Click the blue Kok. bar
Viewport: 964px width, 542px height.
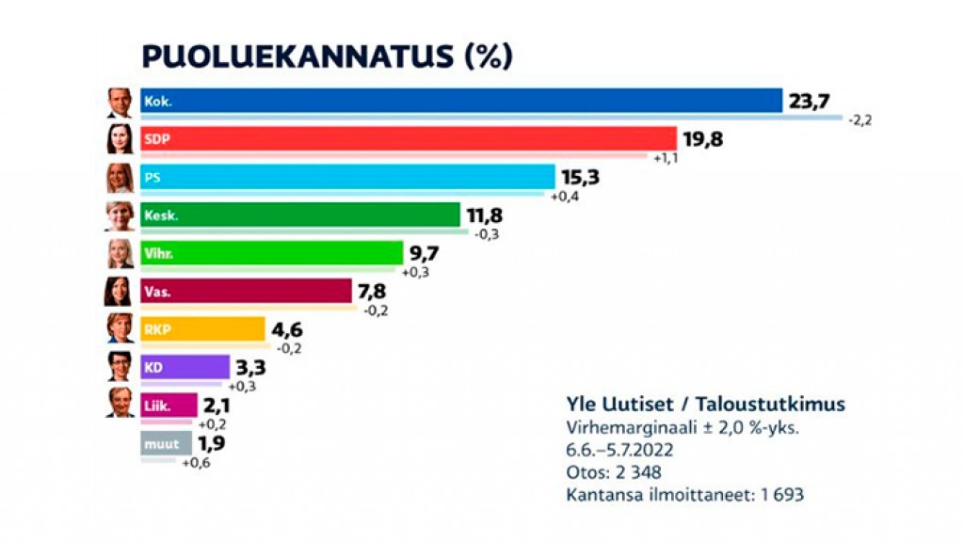coord(461,101)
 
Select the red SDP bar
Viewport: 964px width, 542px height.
coord(409,139)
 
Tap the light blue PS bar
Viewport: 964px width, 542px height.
coord(347,177)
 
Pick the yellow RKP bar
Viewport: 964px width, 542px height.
coord(202,328)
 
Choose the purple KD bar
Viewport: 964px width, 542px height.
coord(185,367)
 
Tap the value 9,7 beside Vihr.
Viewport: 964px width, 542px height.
coord(424,253)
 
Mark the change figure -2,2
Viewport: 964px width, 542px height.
coord(860,120)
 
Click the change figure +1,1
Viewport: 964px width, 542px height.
coord(666,158)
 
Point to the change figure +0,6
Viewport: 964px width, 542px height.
coord(196,462)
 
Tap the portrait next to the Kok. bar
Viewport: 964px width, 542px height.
coord(120,102)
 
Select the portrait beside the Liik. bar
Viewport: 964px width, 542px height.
coord(120,404)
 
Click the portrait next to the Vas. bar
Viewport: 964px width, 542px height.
coord(119,291)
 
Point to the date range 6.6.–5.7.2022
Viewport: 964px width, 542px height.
coord(619,449)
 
